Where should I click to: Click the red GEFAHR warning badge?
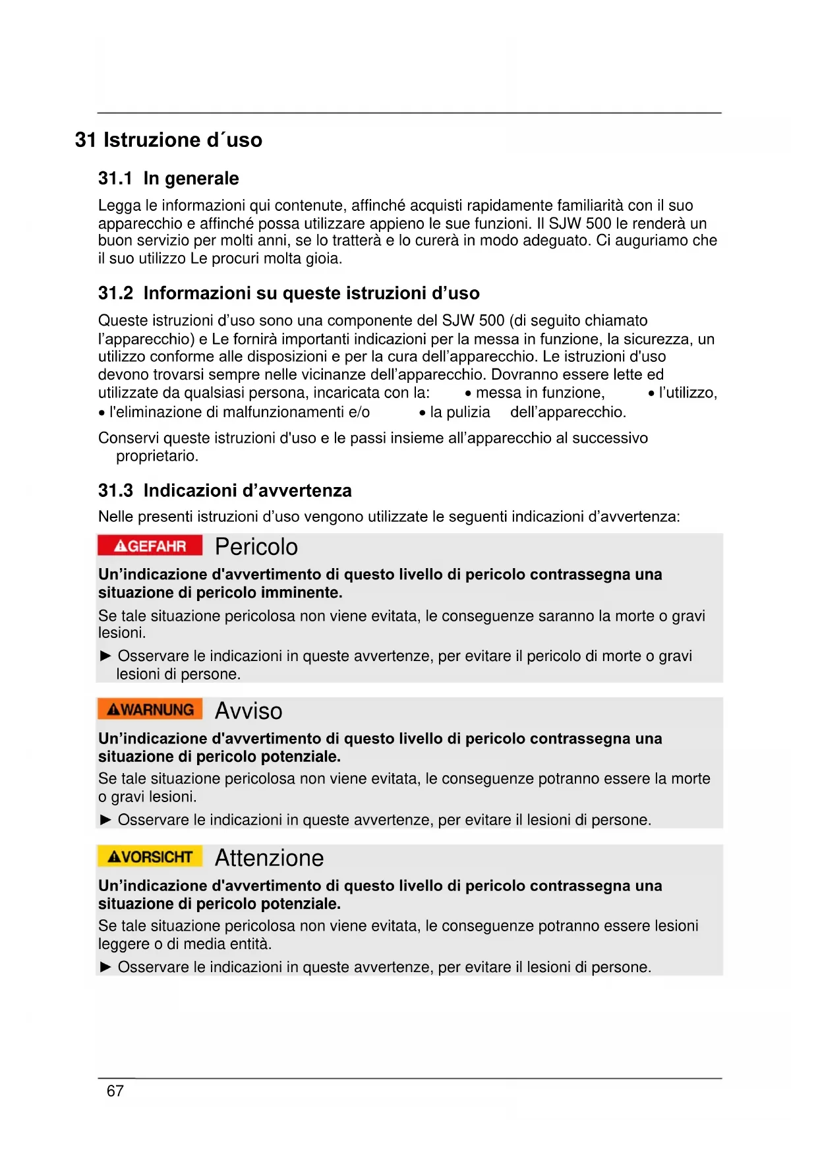[x=150, y=546]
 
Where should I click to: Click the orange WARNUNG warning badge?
[x=150, y=709]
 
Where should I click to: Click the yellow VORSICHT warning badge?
[x=150, y=857]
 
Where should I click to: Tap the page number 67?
[x=115, y=1091]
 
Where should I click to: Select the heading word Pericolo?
[x=256, y=547]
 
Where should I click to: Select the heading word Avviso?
[x=248, y=711]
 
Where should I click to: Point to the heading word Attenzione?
[x=270, y=858]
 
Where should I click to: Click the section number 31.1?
[x=115, y=179]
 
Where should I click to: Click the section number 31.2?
[x=115, y=293]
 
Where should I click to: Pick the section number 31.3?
[x=115, y=491]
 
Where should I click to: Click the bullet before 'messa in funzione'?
[x=467, y=394]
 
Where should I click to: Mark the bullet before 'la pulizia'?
[x=422, y=413]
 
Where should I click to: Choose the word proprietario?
[x=156, y=456]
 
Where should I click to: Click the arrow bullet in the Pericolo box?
[x=105, y=656]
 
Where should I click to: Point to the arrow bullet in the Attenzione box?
[x=105, y=967]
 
